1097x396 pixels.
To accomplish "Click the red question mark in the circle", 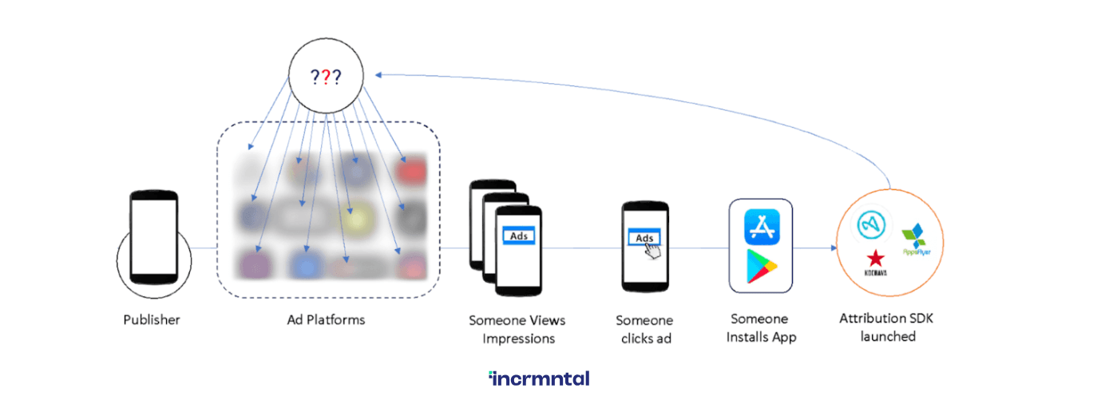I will coord(326,77).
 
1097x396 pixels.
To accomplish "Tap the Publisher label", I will coord(152,320).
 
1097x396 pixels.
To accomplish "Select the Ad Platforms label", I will coord(326,320).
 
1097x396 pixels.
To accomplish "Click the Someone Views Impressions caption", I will coord(517,329).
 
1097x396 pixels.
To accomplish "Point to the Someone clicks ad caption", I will coord(644,329).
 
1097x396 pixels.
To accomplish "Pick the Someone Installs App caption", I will coord(761,328).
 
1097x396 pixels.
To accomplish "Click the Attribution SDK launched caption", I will coord(886,327).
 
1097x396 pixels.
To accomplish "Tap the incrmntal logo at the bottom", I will coord(539,378).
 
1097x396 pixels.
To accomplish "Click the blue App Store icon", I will coord(761,227).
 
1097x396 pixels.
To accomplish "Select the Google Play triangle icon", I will coord(762,266).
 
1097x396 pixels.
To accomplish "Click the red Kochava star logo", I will coord(876,258).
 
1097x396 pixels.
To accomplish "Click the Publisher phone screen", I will coord(153,235).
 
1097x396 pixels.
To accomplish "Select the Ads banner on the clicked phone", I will coord(644,238).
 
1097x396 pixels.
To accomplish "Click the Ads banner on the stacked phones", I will coord(517,236).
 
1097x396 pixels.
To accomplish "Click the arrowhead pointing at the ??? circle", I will coord(378,75).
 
